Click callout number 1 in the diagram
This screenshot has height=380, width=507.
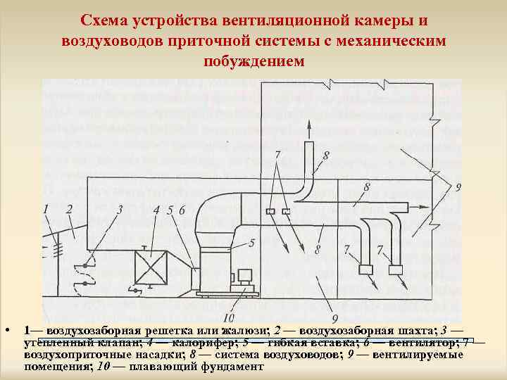[x=46, y=208]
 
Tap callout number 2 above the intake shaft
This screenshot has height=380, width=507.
[x=69, y=208]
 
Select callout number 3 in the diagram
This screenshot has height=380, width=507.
[x=120, y=208]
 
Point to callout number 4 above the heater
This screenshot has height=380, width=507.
[x=156, y=209]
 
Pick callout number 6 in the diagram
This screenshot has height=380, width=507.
[x=182, y=209]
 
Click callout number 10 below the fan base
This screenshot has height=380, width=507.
[x=227, y=317]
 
